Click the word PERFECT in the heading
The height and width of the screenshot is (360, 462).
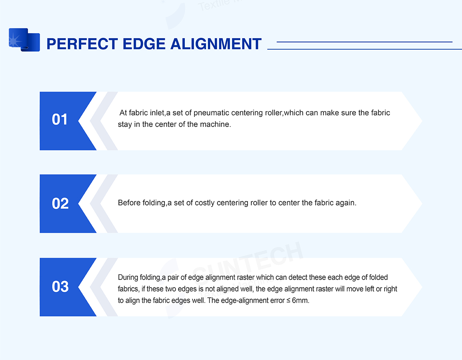pos(82,44)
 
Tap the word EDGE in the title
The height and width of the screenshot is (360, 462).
pos(144,44)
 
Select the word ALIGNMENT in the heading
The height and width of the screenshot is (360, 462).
pos(216,44)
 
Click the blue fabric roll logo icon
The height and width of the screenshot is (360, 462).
pos(24,40)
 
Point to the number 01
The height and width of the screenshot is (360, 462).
pos(60,119)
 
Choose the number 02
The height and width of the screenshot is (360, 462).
pos(60,203)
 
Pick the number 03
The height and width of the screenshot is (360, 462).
pos(60,287)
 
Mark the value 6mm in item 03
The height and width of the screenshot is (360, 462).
pos(300,300)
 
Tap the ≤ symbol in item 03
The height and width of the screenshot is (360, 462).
pos(288,300)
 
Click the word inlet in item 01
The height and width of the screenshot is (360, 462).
pos(157,113)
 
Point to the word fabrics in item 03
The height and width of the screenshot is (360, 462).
pos(129,289)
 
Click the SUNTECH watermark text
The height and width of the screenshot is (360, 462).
pos(248,263)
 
